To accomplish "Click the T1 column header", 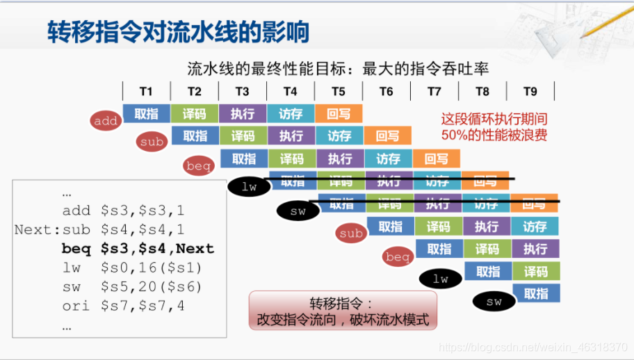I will point(146,91).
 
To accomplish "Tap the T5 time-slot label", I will point(338,91).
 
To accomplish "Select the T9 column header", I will point(530,91).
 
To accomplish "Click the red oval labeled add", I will point(106,121).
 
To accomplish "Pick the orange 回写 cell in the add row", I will point(339,113).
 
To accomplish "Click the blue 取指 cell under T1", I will point(146,113).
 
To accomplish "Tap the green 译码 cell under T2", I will point(194,113).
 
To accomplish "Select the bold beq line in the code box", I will point(138,249).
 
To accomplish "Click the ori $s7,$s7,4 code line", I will point(123,305).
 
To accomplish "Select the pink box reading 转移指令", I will point(343,312).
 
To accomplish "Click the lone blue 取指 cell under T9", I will point(536,293).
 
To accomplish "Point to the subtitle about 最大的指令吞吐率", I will point(338,68).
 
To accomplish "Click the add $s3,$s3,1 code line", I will point(122,211).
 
